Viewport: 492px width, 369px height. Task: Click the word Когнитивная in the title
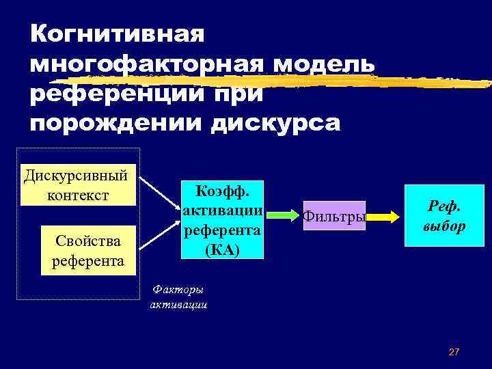coord(117,33)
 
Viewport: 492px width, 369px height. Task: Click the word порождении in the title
coord(116,124)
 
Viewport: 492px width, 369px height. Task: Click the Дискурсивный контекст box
coord(78,184)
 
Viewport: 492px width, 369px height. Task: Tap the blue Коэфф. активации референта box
coord(222,219)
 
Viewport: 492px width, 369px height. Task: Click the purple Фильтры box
coord(334,217)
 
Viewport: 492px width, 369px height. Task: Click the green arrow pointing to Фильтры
coord(283,215)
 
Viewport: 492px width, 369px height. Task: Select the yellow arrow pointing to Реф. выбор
coord(385,217)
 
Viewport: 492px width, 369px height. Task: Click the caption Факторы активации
coord(178,297)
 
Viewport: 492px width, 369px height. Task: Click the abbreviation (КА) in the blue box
coord(222,249)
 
